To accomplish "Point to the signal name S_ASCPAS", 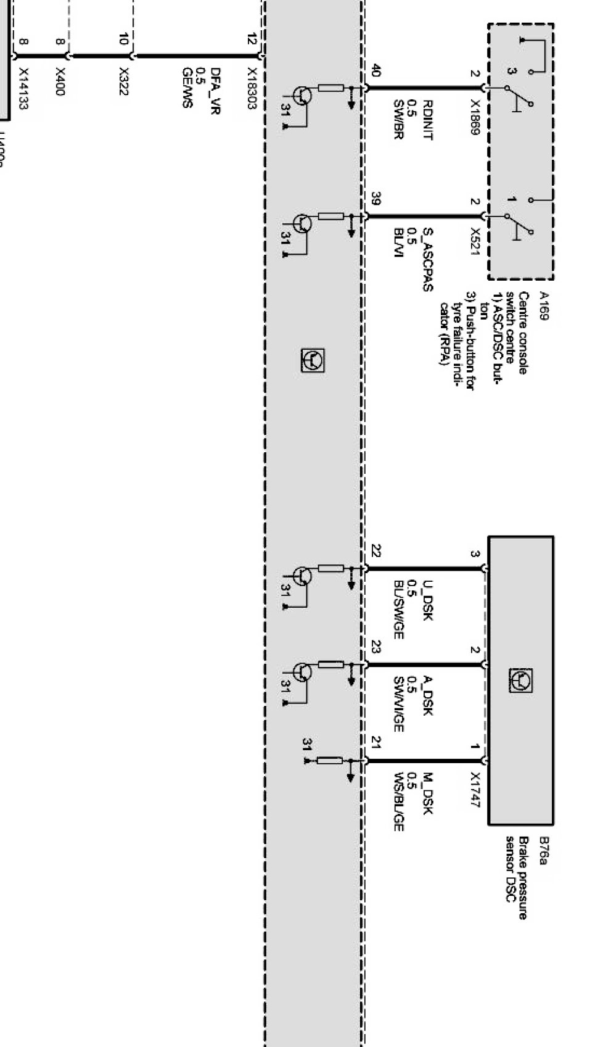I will click(x=427, y=259).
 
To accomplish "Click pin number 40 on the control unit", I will click(x=375, y=71).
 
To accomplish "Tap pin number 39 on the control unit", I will click(x=375, y=199).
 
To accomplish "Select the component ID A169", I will click(x=543, y=306).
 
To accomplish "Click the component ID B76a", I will click(x=543, y=850).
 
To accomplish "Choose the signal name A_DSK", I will click(x=427, y=695).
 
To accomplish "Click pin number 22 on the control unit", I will click(x=375, y=550).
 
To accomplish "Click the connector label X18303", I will click(x=252, y=88).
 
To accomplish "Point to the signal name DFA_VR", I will click(x=215, y=91).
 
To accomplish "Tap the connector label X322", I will click(x=124, y=81).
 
